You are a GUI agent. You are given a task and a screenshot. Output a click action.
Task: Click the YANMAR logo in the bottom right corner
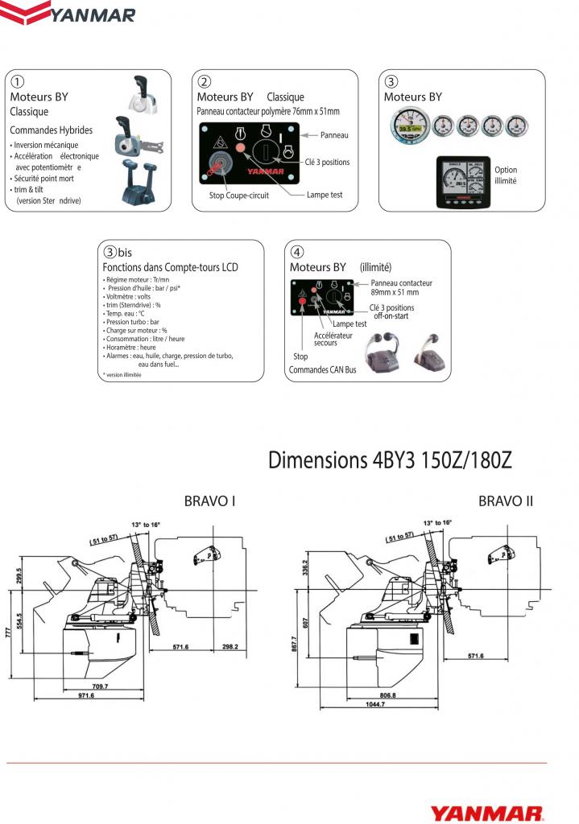[486, 814]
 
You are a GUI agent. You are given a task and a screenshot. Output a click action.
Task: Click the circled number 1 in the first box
[16, 81]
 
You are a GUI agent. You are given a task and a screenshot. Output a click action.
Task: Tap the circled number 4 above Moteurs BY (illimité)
[296, 251]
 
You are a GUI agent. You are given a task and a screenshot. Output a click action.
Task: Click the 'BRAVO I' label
[209, 501]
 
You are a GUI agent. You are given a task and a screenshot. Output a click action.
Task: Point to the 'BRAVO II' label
[506, 501]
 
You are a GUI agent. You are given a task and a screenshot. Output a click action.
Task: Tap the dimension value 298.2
[230, 646]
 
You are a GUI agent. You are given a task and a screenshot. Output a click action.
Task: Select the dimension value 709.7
[100, 686]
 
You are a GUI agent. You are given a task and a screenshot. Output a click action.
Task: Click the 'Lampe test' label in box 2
[325, 195]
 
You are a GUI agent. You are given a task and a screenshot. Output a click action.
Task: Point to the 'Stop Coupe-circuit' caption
[239, 195]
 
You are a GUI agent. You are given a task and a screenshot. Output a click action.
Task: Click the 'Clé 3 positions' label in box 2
[327, 162]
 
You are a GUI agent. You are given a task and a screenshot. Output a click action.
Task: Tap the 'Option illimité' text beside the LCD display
[506, 175]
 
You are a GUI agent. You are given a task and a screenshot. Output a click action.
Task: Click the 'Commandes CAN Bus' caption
[322, 370]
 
